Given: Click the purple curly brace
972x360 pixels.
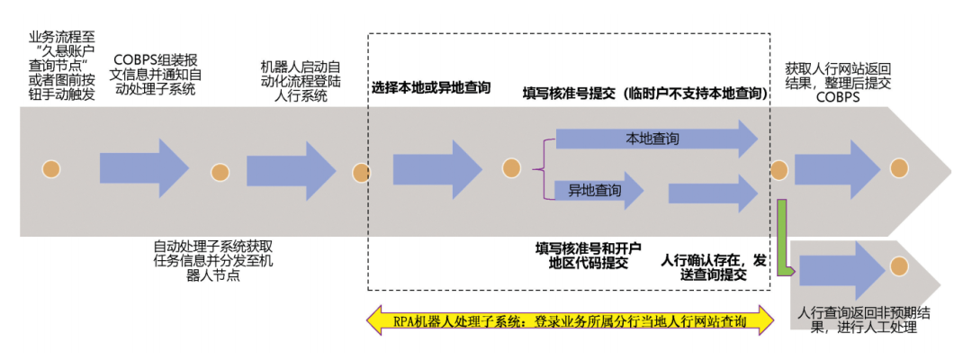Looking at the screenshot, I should [540, 167].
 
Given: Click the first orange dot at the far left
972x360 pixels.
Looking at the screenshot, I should [47, 170].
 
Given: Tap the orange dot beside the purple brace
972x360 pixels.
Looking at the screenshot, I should [510, 168].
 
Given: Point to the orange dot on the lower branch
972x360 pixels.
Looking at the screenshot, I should [897, 265].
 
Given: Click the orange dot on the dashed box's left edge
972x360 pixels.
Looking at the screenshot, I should [362, 170].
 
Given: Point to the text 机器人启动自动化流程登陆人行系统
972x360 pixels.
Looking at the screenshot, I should [301, 80].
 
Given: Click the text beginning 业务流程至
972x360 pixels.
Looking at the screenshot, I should [61, 64].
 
